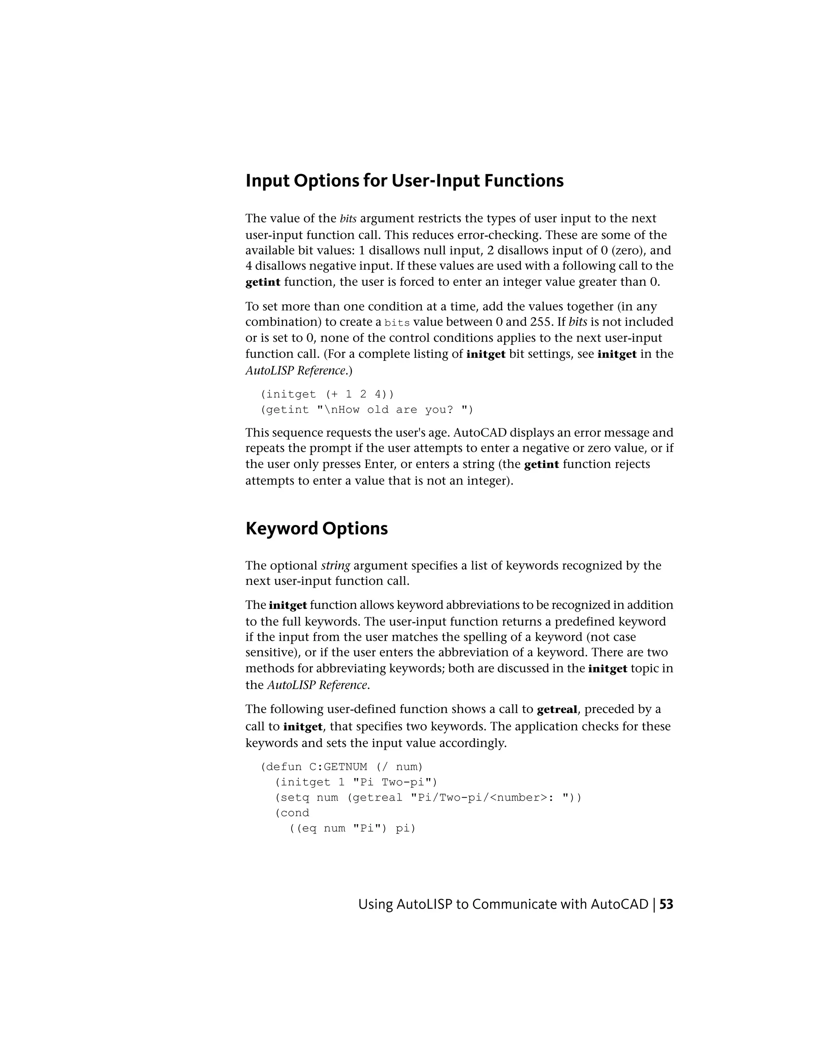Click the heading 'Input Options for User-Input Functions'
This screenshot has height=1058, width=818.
click(404, 181)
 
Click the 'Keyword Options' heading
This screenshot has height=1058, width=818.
click(316, 528)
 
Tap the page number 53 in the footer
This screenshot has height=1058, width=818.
click(666, 904)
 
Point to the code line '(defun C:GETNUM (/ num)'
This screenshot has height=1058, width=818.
click(341, 767)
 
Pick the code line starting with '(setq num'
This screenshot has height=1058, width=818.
click(428, 797)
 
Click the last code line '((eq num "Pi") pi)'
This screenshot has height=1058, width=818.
click(352, 828)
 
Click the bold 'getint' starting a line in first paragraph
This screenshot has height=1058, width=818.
click(263, 282)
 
